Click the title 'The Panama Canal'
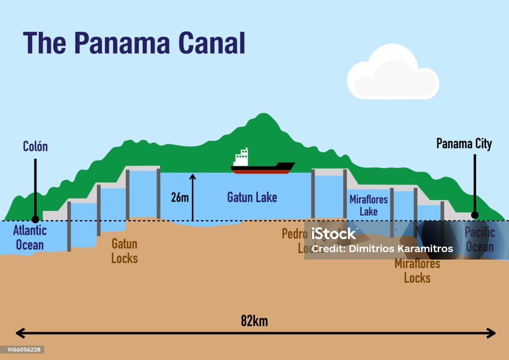(134, 43)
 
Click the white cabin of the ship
(242, 158)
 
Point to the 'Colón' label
(35, 146)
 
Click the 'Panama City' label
(464, 144)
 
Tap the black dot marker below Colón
(35, 219)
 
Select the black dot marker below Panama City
(475, 215)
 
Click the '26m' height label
(179, 197)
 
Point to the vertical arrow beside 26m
(193, 197)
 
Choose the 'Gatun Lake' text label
(252, 197)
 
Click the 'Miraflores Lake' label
(368, 205)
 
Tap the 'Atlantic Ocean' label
(30, 237)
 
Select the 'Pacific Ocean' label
(479, 239)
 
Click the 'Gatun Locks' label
(124, 251)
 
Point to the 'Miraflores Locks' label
(417, 270)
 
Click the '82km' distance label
(254, 321)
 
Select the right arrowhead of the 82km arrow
(492, 333)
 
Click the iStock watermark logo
(334, 234)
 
